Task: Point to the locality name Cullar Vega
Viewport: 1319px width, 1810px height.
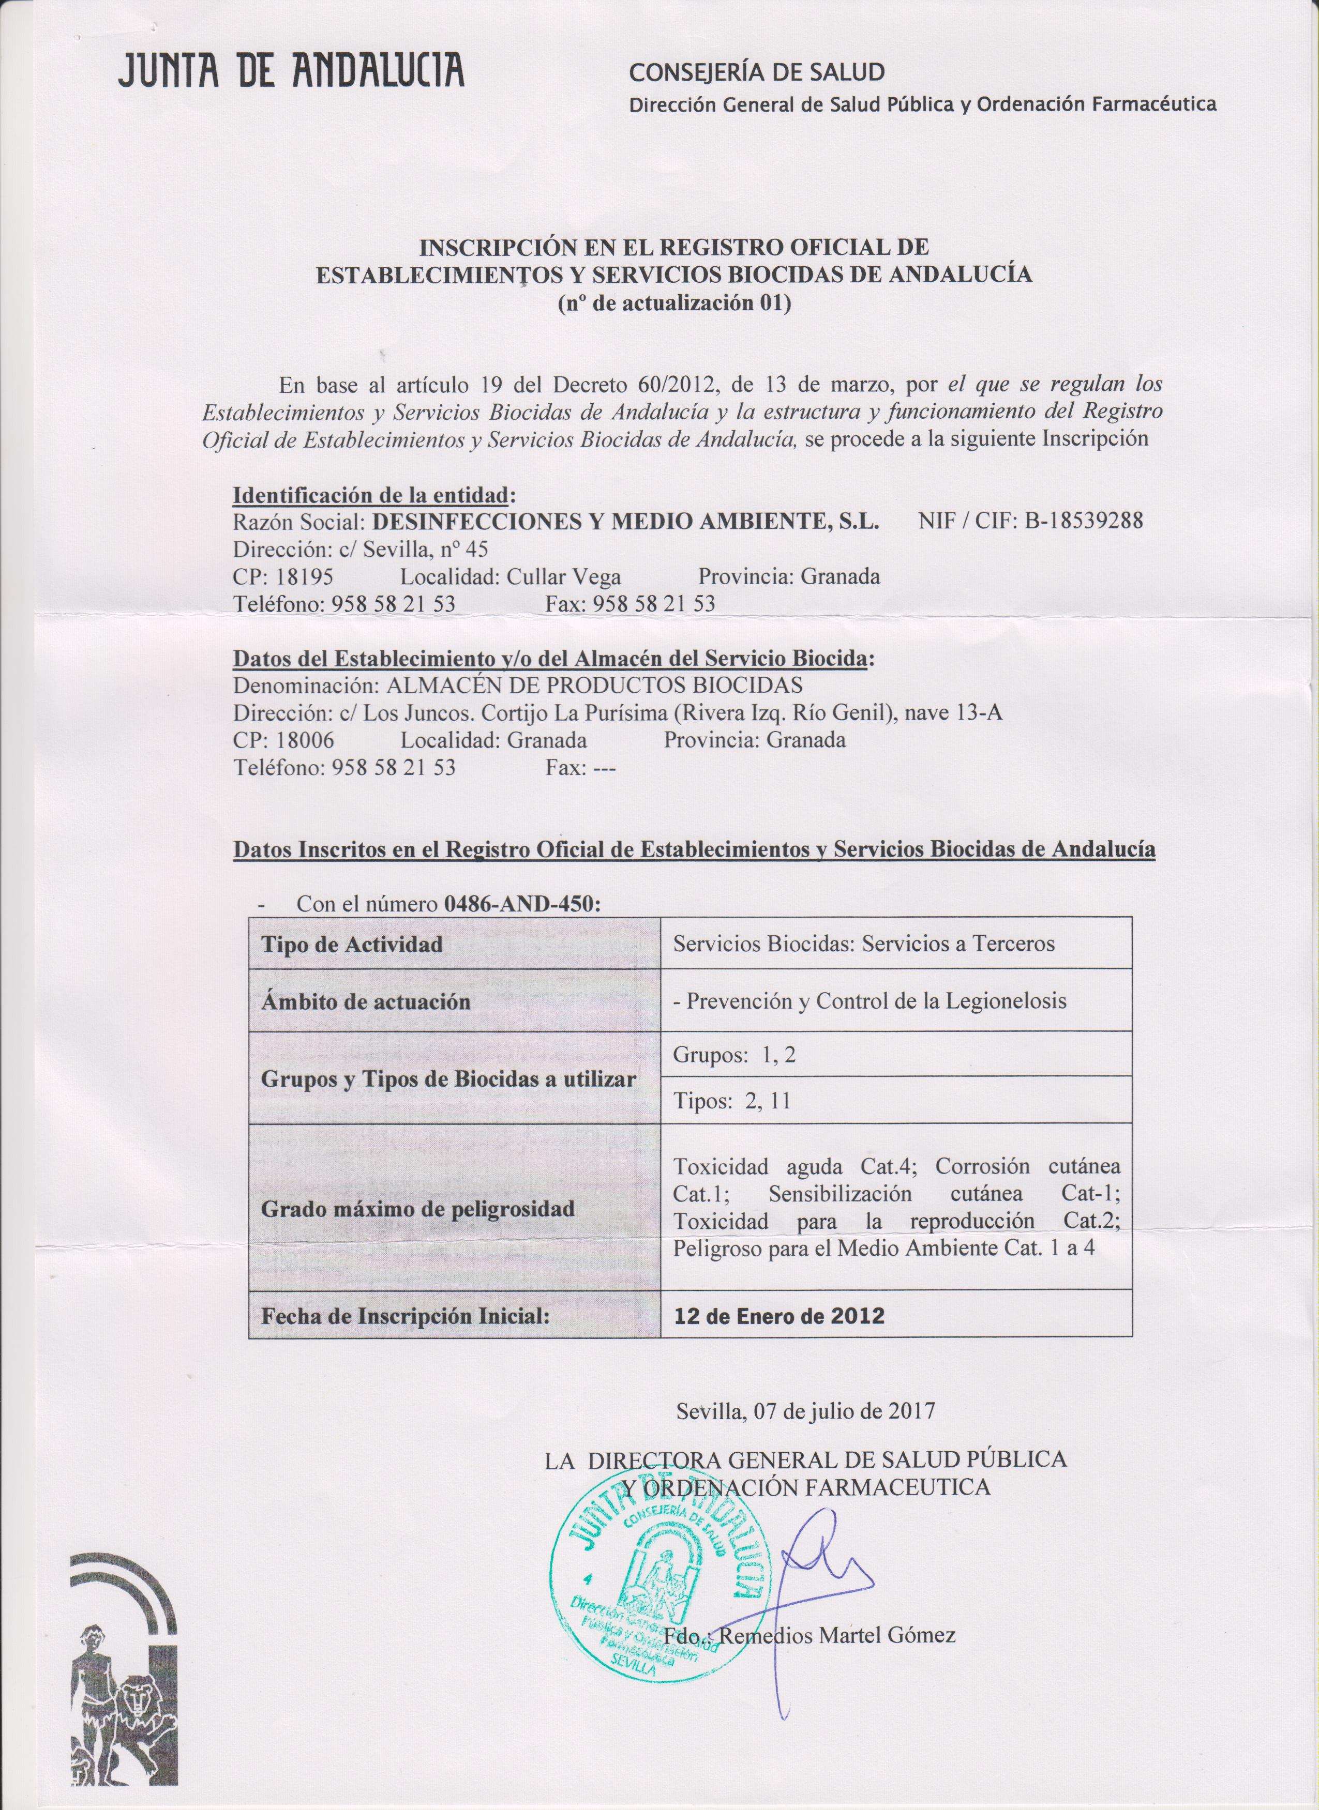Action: tap(564, 576)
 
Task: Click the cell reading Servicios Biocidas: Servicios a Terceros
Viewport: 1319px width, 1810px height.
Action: tap(864, 944)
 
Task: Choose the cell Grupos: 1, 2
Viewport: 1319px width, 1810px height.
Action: tap(735, 1055)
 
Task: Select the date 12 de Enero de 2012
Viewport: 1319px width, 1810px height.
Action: tap(780, 1315)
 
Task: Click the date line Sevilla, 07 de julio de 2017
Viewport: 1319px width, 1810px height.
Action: tap(805, 1411)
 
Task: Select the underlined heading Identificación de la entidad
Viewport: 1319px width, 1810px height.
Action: tap(370, 496)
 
